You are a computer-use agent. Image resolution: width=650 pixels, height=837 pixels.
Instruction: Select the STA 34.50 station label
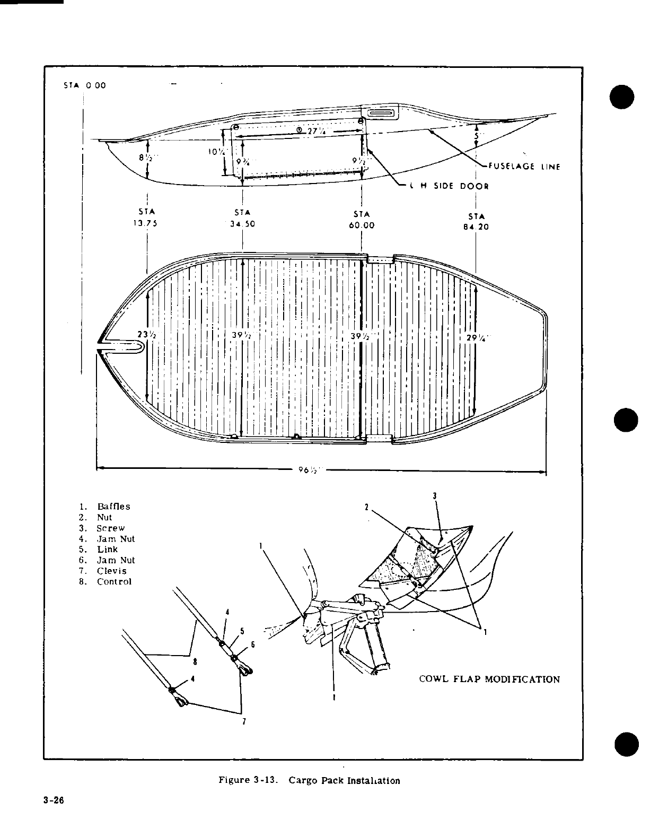(242, 219)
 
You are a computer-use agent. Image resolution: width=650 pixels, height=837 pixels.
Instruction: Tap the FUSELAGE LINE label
(521, 166)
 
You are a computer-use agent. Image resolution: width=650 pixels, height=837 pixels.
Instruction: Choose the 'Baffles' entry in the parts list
(113, 507)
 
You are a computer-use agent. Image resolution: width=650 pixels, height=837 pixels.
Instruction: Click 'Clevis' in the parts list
(111, 571)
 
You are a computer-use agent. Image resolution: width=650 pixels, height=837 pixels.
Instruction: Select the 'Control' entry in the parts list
(114, 581)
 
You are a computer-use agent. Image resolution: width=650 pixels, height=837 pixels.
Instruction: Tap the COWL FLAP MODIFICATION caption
(489, 679)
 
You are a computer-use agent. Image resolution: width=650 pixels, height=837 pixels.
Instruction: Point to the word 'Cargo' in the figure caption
(302, 780)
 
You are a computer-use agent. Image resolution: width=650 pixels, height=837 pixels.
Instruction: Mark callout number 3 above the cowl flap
(434, 496)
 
